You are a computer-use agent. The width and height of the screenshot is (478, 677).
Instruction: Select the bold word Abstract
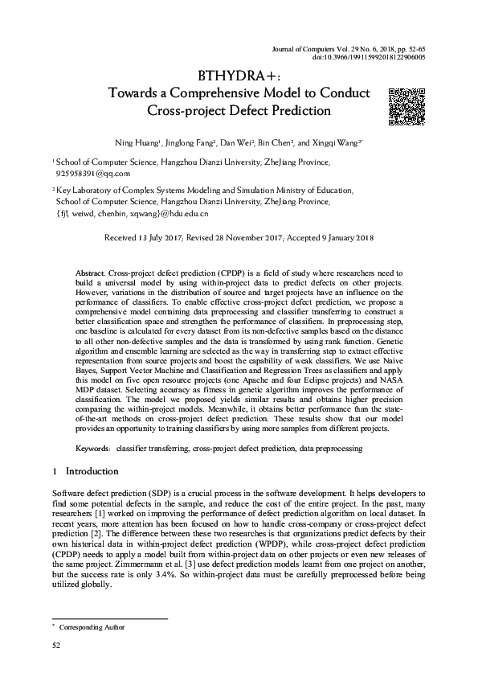[x=90, y=274]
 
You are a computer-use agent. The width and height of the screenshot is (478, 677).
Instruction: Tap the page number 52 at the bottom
[x=56, y=646]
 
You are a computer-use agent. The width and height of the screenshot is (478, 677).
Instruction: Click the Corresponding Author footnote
[x=90, y=626]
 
